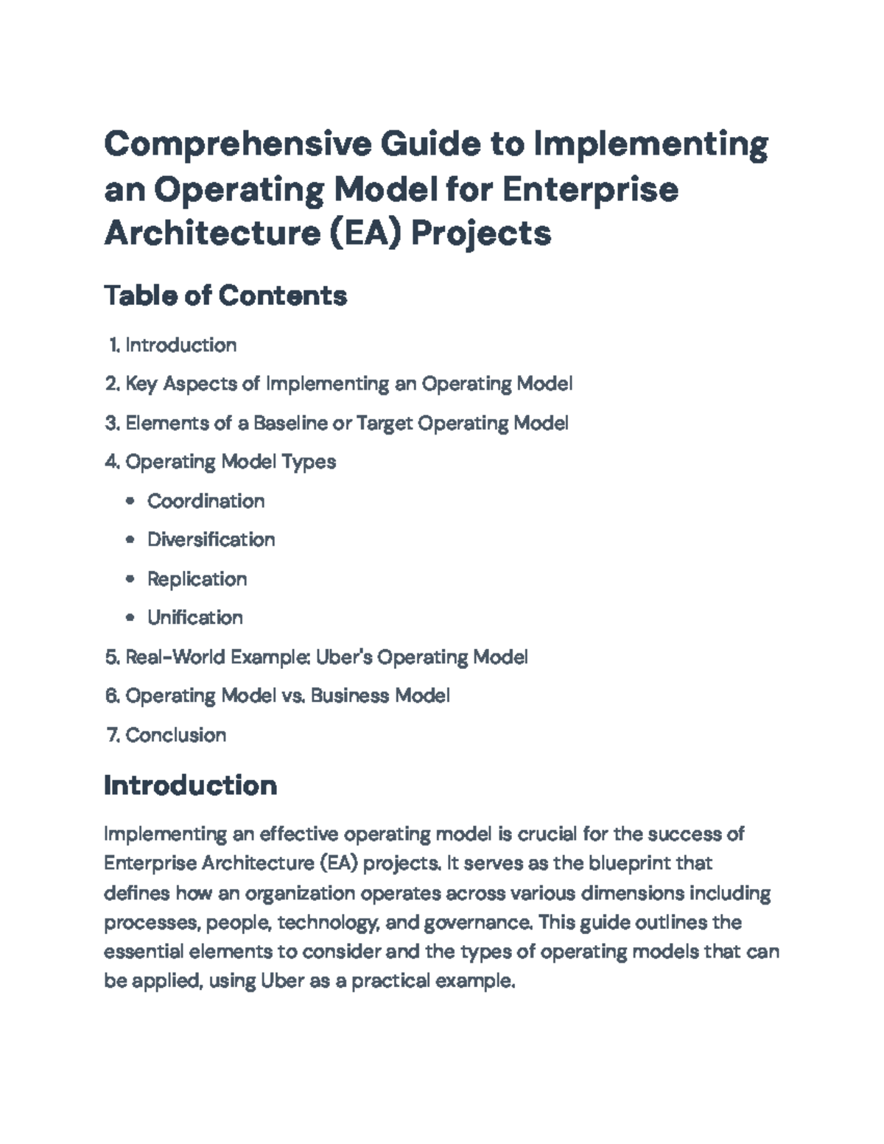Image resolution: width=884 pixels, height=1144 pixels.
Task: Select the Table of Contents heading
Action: pos(225,295)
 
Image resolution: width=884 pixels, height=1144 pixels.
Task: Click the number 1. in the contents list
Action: pos(114,345)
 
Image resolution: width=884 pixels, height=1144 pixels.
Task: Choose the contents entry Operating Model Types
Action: pos(231,462)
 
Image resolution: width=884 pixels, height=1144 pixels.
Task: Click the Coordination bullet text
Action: pos(206,501)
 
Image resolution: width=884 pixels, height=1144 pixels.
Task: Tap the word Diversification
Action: pos(211,539)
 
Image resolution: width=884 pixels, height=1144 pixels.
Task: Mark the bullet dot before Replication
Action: pos(130,579)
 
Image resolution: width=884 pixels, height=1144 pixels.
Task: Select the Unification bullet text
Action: pos(194,617)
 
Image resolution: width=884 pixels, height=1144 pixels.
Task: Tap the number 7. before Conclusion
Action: pos(113,734)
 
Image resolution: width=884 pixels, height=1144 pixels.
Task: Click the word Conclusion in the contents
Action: pos(175,734)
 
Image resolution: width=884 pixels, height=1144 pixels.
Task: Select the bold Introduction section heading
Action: pos(190,785)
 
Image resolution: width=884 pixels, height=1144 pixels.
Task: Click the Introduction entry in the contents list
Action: pos(180,345)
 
